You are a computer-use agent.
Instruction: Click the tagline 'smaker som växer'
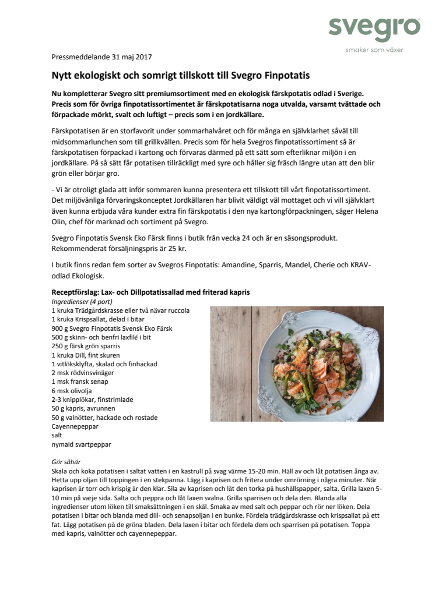pos(374,50)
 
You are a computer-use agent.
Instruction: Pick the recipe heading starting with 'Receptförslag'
pos(150,292)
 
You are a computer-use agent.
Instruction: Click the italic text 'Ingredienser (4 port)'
pos(82,302)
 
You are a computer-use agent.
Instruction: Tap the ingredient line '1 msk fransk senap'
pos(82,381)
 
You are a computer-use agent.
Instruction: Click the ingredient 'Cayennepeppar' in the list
pos(75,426)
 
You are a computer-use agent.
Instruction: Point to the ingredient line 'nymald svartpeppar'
pos(81,444)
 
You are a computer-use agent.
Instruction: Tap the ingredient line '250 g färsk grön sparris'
pos(86,346)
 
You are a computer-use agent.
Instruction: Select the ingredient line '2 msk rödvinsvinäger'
pos(83,372)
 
